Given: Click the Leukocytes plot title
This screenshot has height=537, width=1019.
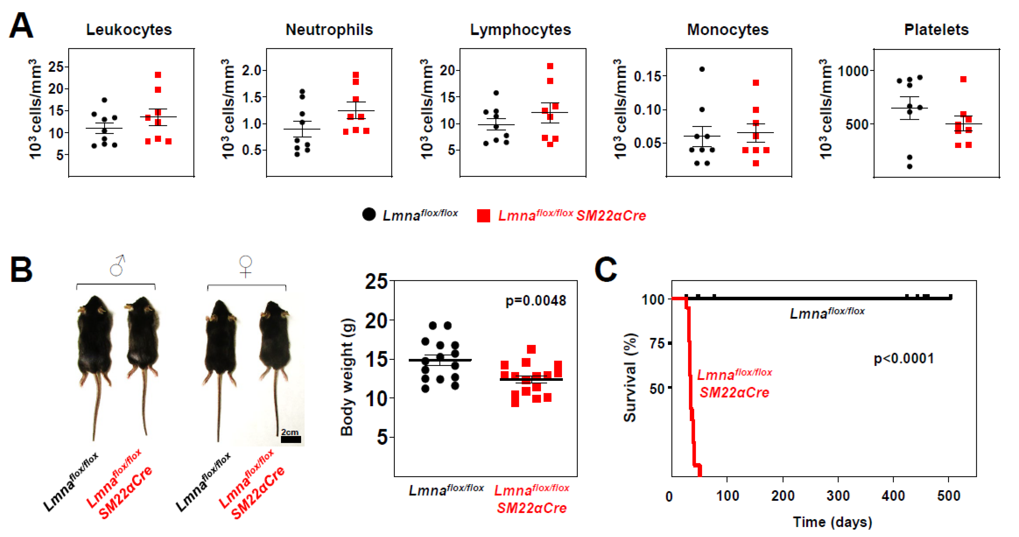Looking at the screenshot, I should pyautogui.click(x=129, y=30).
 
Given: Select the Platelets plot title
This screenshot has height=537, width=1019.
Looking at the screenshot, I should pyautogui.click(x=936, y=30).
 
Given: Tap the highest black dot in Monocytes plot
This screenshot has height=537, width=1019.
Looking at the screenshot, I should pyautogui.click(x=702, y=69).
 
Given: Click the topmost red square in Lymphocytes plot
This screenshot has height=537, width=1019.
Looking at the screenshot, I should pyautogui.click(x=550, y=66).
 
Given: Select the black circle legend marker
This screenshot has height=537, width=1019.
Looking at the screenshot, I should pyautogui.click(x=369, y=214).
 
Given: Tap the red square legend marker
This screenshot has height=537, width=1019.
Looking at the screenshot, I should pyautogui.click(x=483, y=216).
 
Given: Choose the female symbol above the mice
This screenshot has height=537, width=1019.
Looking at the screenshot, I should pyautogui.click(x=246, y=266).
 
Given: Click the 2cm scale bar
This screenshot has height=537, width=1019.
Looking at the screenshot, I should pyautogui.click(x=291, y=439).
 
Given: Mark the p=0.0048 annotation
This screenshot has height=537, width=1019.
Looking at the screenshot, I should pyautogui.click(x=536, y=301).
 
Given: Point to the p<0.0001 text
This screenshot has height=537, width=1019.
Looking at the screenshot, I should pyautogui.click(x=903, y=359).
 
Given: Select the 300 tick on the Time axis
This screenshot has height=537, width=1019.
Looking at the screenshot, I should pyautogui.click(x=838, y=496).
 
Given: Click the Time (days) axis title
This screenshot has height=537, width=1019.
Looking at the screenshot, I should pyautogui.click(x=832, y=522).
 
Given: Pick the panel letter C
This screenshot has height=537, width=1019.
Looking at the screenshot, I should pyautogui.click(x=606, y=269).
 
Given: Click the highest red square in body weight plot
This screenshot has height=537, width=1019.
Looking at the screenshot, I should pyautogui.click(x=531, y=349).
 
